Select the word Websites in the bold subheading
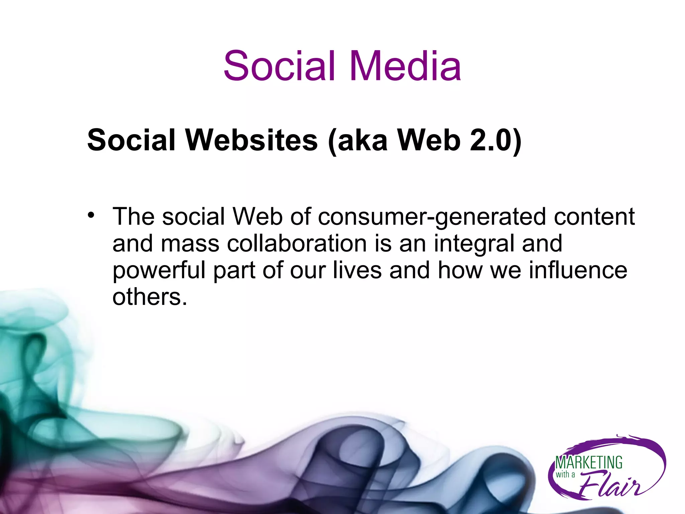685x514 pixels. pyautogui.click(x=252, y=140)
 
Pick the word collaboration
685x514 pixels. pyautogui.click(x=297, y=243)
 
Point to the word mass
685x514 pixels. pyautogui.click(x=190, y=244)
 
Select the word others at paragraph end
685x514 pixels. pyautogui.click(x=150, y=297)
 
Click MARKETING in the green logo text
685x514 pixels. pyautogui.click(x=589, y=463)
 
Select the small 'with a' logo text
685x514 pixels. pyautogui.click(x=565, y=475)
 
